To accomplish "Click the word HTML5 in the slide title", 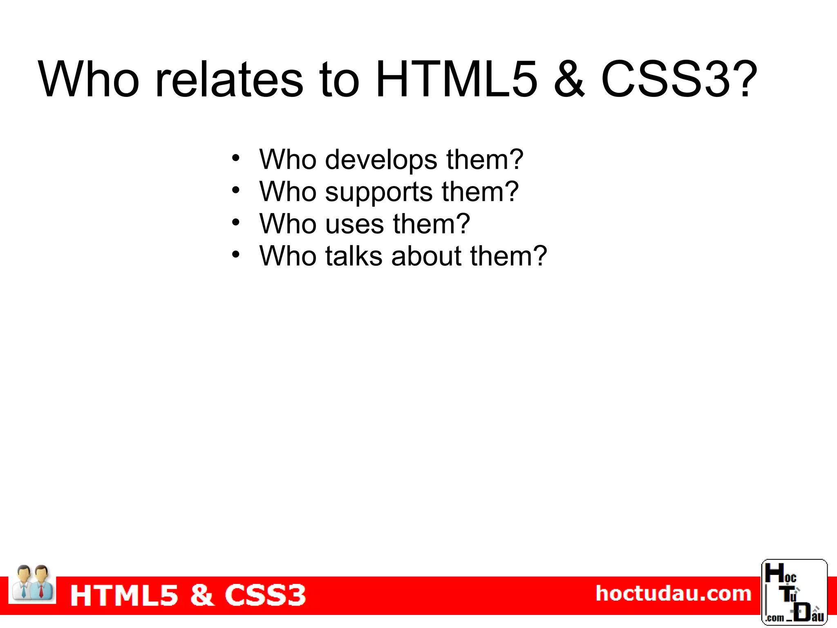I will click(456, 79).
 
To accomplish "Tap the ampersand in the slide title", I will click(569, 79).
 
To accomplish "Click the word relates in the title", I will click(229, 79).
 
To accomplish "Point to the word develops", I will click(381, 160).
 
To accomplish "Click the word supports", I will click(379, 192).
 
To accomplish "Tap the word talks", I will click(354, 256).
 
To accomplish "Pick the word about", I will click(426, 256).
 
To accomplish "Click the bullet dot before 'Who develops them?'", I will click(235, 158).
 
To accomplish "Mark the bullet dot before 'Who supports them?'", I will click(235, 190).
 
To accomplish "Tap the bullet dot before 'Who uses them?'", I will click(235, 222).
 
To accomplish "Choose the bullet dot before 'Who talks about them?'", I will click(235, 254).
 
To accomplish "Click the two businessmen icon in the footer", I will click(32, 583).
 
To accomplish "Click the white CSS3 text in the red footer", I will click(265, 595).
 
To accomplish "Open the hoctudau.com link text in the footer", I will click(673, 594).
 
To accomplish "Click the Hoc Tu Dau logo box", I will click(794, 592).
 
